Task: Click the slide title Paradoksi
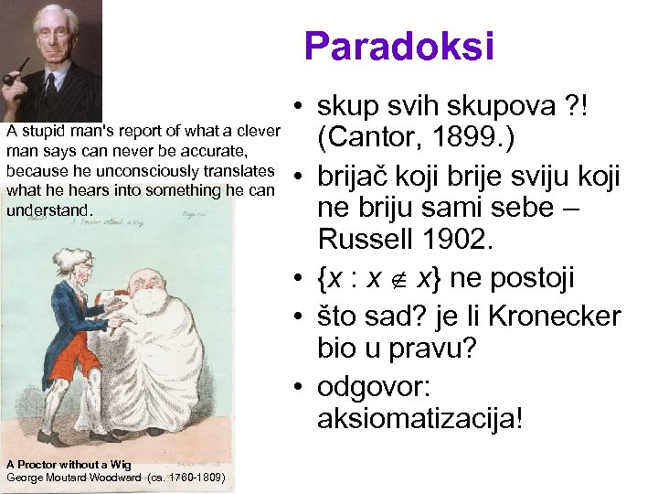pyautogui.click(x=399, y=46)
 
